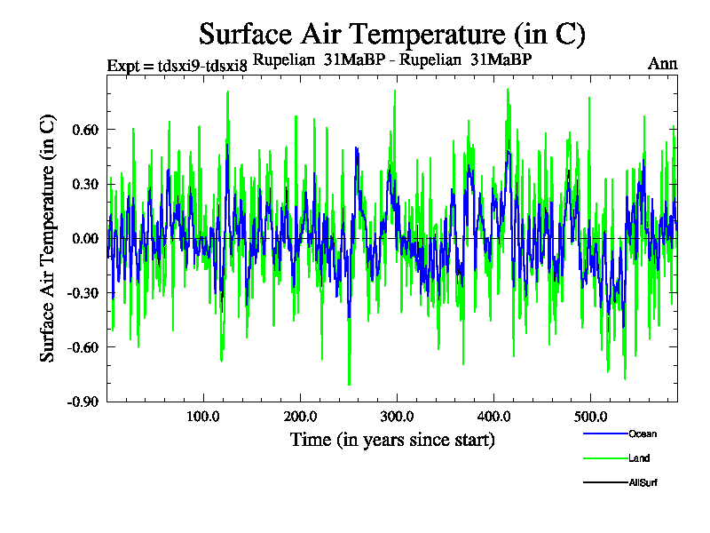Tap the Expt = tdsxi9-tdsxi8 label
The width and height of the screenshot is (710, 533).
[177, 66]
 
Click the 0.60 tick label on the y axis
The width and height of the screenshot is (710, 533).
[85, 130]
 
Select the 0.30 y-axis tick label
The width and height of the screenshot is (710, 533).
[85, 184]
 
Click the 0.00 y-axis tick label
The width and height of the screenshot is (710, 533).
[85, 238]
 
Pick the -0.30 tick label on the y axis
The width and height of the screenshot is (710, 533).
[83, 292]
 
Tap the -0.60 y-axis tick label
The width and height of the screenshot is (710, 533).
[83, 346]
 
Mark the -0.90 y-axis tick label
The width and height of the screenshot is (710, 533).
[83, 401]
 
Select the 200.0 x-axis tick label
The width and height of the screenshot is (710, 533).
[300, 417]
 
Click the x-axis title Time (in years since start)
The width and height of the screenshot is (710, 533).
[392, 440]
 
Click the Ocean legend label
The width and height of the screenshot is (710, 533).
[643, 434]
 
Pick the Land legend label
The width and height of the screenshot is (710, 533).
[639, 458]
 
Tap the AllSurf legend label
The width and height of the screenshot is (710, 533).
[643, 482]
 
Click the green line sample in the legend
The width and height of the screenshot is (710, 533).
[604, 458]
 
